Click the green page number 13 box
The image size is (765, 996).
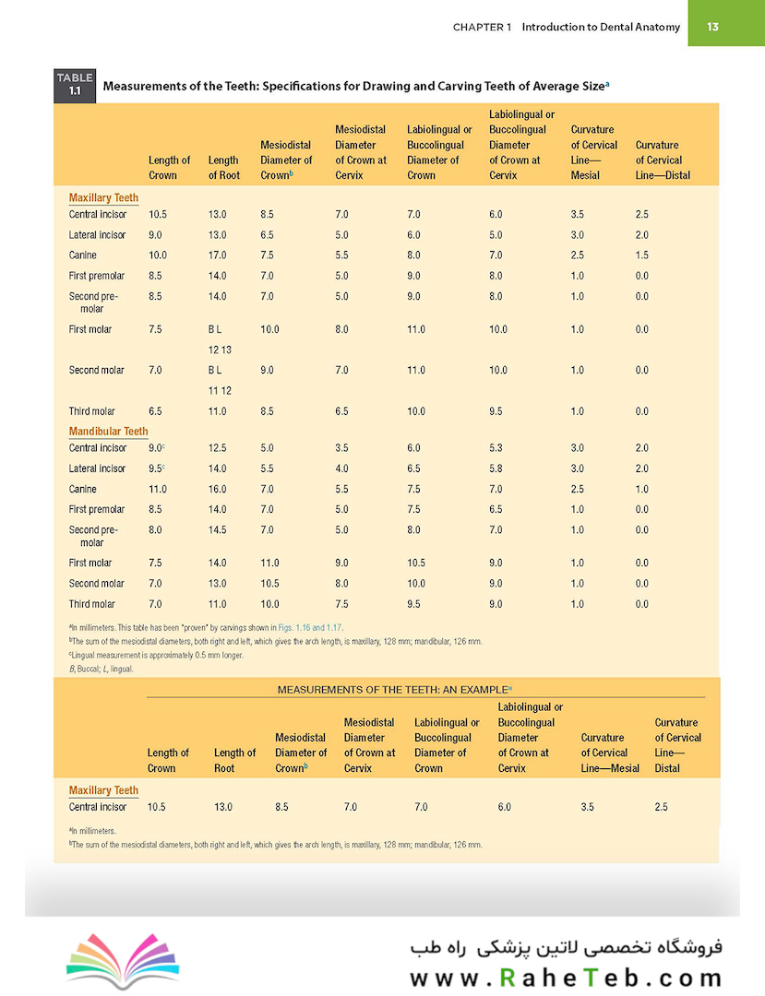click(726, 23)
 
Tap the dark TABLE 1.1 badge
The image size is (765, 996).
click(75, 85)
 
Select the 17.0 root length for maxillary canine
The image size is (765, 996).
click(217, 255)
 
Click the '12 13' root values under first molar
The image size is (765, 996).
click(220, 350)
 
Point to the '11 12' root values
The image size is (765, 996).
click(220, 391)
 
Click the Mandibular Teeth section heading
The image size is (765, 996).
click(108, 432)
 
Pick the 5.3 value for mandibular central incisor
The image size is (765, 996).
click(496, 448)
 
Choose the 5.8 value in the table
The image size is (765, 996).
click(496, 468)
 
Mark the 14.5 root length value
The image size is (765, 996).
click(217, 529)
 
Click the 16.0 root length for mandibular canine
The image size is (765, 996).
click(217, 489)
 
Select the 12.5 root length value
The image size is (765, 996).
click(217, 448)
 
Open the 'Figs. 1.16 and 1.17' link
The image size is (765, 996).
click(311, 628)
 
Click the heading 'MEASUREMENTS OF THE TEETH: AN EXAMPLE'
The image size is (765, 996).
click(393, 690)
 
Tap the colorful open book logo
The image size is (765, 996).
click(123, 961)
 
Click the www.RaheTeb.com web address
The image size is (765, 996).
click(566, 978)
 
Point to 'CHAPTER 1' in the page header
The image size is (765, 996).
click(482, 28)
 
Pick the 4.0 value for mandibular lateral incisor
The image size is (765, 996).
click(341, 468)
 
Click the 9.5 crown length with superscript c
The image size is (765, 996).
click(156, 468)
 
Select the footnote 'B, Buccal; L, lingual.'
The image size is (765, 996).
click(101, 669)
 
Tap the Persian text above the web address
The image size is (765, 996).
click(566, 947)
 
